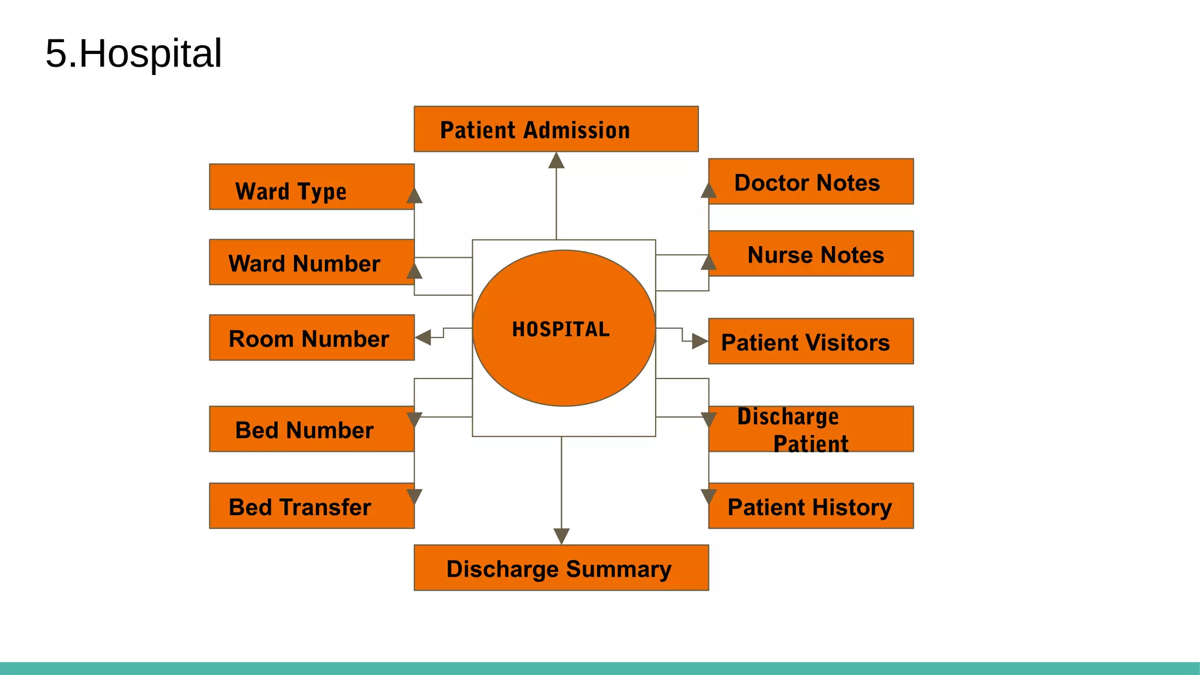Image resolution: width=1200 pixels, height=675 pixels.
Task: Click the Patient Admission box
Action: click(x=555, y=129)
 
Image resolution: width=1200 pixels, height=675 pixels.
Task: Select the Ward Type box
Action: click(x=311, y=187)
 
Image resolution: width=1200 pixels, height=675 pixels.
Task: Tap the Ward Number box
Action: click(x=311, y=262)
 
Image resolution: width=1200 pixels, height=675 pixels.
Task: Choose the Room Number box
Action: click(x=311, y=337)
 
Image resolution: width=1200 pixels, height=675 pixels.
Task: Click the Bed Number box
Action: click(x=311, y=429)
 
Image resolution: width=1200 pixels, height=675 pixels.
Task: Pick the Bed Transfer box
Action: click(x=311, y=506)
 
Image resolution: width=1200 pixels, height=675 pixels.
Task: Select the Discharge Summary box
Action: click(x=561, y=568)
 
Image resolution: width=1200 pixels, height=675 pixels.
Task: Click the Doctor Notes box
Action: click(x=810, y=182)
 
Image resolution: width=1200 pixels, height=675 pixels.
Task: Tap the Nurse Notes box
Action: click(x=810, y=254)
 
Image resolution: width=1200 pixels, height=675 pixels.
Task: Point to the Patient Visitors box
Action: click(x=810, y=342)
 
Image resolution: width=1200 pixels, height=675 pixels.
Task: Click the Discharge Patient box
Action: click(x=810, y=429)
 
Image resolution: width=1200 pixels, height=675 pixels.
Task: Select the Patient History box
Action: click(x=810, y=506)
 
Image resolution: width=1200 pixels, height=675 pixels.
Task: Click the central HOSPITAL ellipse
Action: click(x=563, y=328)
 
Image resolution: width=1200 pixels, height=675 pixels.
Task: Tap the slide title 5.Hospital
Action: click(x=134, y=53)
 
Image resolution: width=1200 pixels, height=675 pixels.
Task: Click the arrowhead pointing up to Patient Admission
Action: click(x=556, y=161)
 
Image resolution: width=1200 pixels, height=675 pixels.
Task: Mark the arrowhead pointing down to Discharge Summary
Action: click(x=561, y=536)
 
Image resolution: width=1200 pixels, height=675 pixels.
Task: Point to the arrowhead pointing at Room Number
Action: click(x=423, y=337)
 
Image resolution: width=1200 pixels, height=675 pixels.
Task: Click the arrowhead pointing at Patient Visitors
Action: click(x=700, y=341)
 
